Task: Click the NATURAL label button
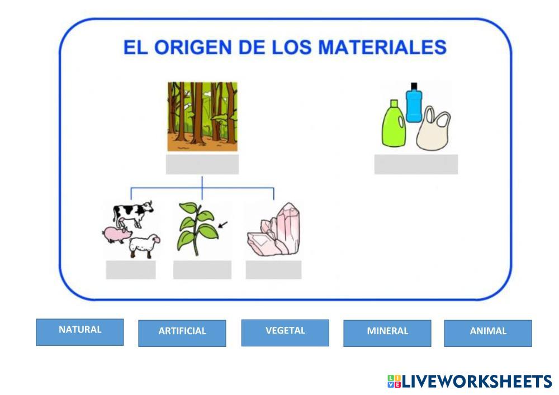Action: (80, 332)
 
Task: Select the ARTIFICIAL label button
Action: (182, 333)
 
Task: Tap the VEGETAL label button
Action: (285, 332)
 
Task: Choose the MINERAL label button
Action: (387, 333)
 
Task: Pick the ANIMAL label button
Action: (487, 333)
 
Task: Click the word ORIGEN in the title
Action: (192, 47)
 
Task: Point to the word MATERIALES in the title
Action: (382, 47)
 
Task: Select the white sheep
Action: (144, 246)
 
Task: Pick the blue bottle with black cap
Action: (414, 103)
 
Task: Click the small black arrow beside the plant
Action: (222, 225)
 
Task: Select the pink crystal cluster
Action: (274, 230)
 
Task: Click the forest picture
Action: (202, 117)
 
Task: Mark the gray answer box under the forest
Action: (202, 164)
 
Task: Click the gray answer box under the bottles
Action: (416, 164)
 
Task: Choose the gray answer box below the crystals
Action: (273, 270)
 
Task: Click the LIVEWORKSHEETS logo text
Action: (477, 382)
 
